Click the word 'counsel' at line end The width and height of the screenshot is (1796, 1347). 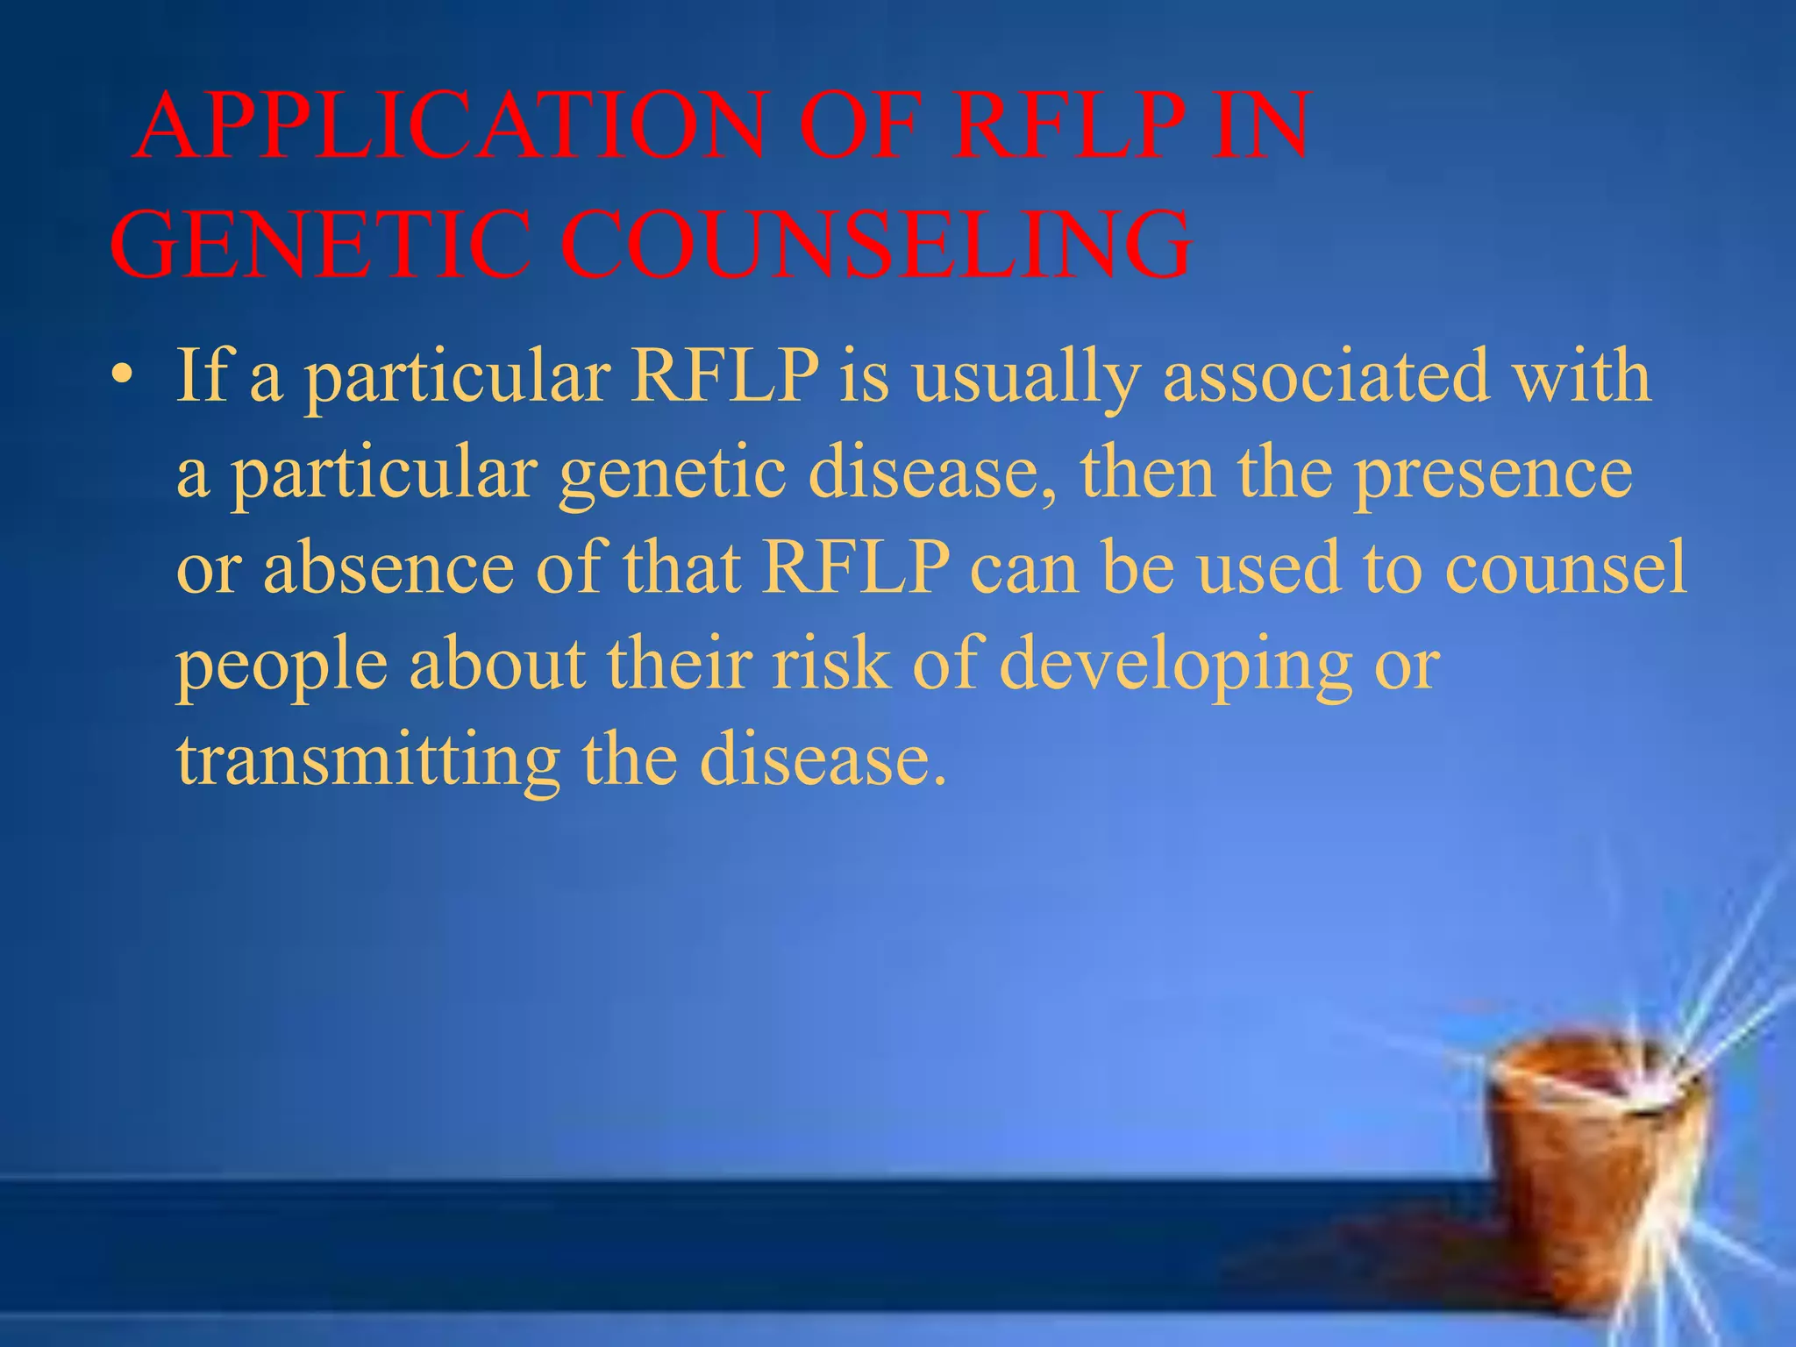point(1564,568)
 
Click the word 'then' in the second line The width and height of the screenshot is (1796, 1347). point(1148,474)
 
